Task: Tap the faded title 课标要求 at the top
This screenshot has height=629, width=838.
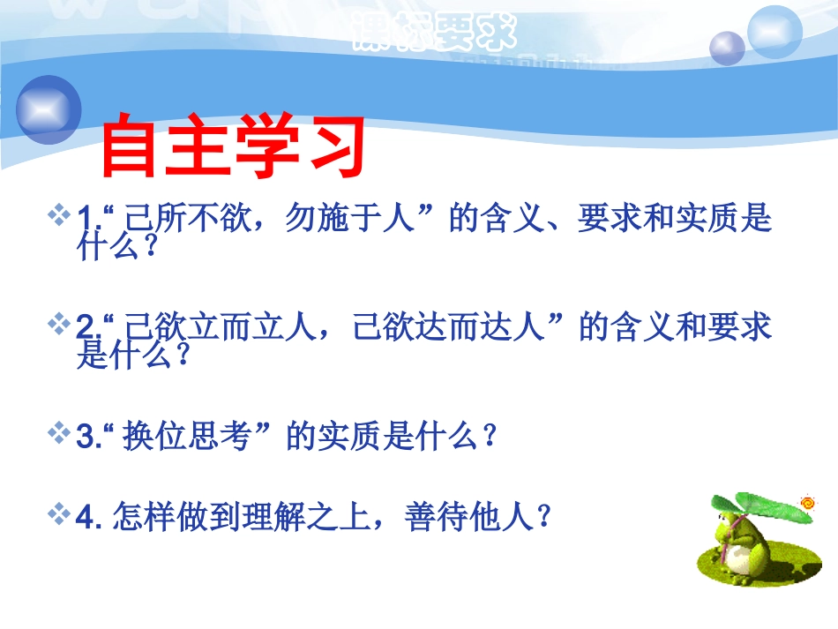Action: click(x=432, y=35)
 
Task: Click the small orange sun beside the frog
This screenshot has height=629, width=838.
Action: click(x=807, y=503)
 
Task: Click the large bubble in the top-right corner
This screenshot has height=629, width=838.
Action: click(x=774, y=31)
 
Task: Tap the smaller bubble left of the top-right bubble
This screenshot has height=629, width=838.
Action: click(x=728, y=48)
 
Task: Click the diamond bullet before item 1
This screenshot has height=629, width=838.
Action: click(x=61, y=214)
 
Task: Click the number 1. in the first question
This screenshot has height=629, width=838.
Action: click(x=87, y=218)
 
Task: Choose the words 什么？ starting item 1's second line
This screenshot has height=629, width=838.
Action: click(x=117, y=249)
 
